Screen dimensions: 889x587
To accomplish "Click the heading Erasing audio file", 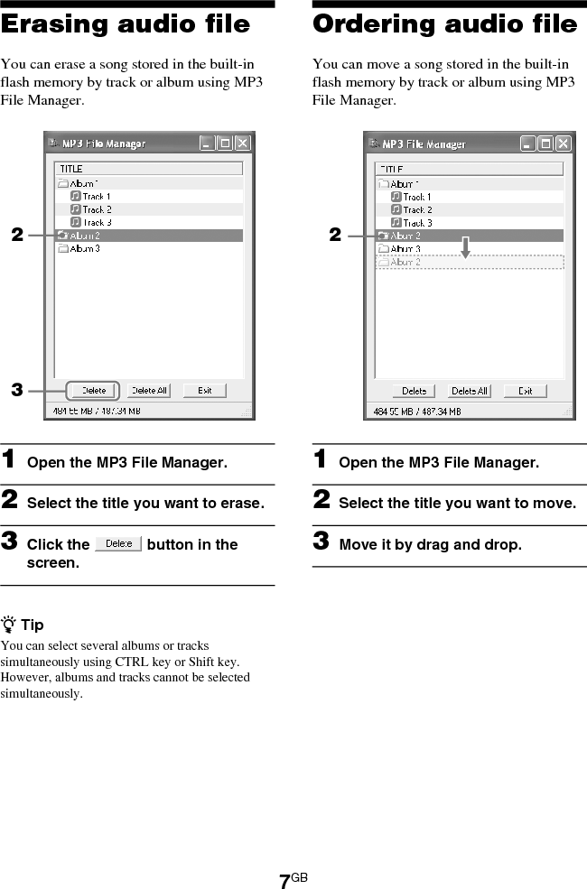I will [126, 25].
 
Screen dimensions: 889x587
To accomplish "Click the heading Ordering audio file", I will [444, 25].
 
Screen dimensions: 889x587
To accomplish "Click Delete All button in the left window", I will [149, 391].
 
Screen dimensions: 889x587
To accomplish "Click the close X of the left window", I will [243, 144].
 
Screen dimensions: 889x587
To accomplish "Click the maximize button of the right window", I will [545, 144].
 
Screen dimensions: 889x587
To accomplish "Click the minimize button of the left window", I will [208, 144].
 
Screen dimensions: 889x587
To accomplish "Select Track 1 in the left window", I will [96, 196].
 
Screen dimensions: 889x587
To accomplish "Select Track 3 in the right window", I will [416, 222].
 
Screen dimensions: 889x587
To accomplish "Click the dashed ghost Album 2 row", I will [469, 262].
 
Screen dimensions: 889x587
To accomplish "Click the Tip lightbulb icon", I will [8, 625].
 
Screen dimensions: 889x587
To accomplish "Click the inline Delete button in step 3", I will [118, 544].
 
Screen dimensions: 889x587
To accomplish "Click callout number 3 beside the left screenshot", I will [16, 391].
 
